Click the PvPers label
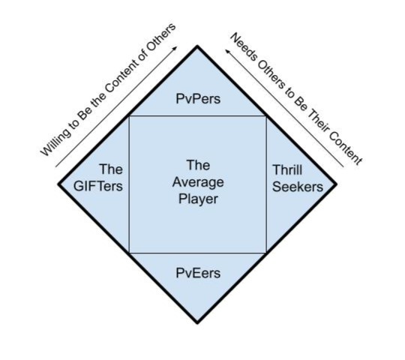(198, 99)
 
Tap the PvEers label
(198, 273)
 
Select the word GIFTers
(98, 186)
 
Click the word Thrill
(287, 170)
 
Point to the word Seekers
(298, 187)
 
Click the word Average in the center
(198, 183)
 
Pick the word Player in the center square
(198, 199)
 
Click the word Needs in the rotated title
(243, 47)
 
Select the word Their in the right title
(316, 121)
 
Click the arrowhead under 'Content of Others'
(175, 49)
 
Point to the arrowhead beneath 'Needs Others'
(227, 52)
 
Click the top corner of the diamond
(197, 46)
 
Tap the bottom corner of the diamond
(197, 322)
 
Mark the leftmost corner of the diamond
(58, 184)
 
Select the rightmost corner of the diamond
(337, 184)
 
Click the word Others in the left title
(161, 37)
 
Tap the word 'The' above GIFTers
(111, 169)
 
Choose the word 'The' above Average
(198, 166)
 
